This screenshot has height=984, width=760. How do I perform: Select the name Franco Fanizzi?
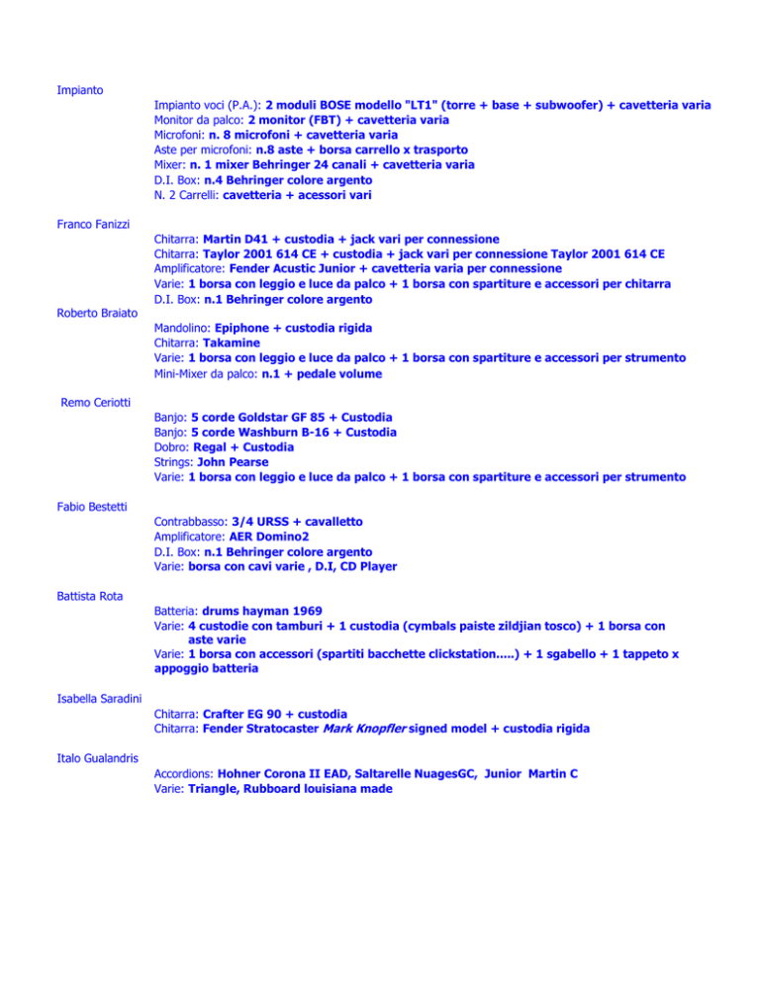pyautogui.click(x=92, y=224)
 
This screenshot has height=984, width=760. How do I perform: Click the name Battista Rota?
pyautogui.click(x=88, y=598)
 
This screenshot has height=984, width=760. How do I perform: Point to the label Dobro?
pyautogui.click(x=172, y=446)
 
